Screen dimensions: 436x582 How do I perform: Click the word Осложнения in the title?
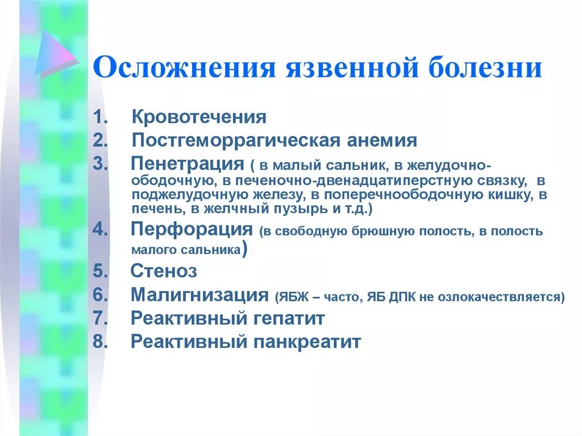click(x=177, y=68)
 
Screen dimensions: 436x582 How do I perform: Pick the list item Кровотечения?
click(x=199, y=118)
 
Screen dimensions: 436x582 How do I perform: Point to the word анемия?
click(x=379, y=140)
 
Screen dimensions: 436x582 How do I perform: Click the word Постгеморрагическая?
click(x=234, y=140)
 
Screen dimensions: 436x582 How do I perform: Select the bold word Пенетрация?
click(x=187, y=164)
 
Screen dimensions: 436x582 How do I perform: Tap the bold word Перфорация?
click(x=192, y=230)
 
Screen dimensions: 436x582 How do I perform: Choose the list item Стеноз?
click(x=164, y=271)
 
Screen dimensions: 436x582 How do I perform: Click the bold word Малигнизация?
click(x=199, y=295)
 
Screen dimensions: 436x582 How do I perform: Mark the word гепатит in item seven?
click(x=288, y=318)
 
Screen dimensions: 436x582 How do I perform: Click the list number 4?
click(x=99, y=231)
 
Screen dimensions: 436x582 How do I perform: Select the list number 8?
click(x=99, y=342)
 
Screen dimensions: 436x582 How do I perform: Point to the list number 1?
click(x=99, y=118)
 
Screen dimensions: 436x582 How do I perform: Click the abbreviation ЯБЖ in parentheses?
click(x=291, y=297)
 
